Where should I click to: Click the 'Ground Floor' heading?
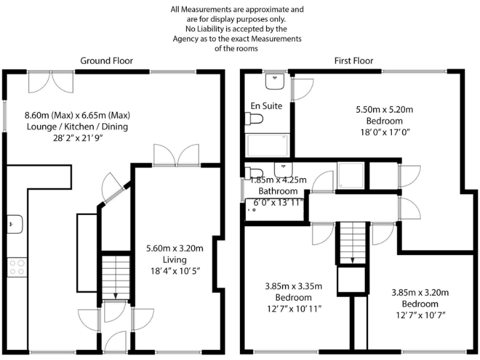pyautogui.click(x=106, y=61)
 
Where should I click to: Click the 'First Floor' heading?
pyautogui.click(x=353, y=61)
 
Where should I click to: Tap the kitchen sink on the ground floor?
pyautogui.click(x=14, y=222)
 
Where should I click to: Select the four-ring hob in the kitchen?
pyautogui.click(x=16, y=267)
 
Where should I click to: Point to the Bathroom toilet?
pyautogui.click(x=252, y=173)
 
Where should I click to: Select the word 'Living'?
pyautogui.click(x=176, y=259)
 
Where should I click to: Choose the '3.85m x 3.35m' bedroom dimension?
pyautogui.click(x=293, y=286)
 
